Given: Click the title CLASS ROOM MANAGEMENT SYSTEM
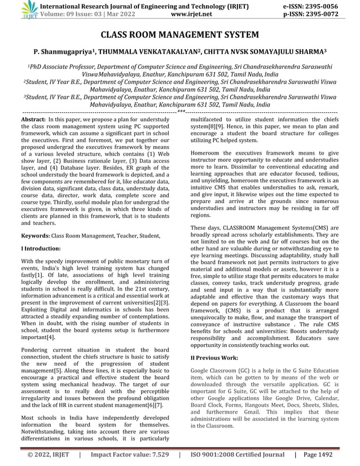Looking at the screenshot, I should [x=180, y=36].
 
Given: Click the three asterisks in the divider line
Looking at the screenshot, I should [x=180, y=113].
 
